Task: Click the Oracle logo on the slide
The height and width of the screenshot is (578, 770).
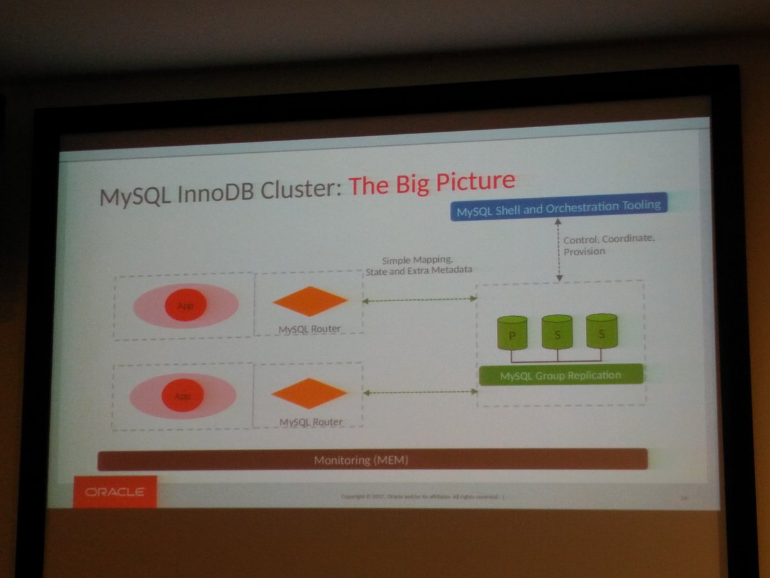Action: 115,493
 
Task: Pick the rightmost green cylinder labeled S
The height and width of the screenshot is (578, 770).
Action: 601,331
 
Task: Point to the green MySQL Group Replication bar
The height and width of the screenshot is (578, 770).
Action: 560,374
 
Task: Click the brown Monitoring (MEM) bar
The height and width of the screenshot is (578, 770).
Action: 372,460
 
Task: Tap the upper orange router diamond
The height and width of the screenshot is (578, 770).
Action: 310,301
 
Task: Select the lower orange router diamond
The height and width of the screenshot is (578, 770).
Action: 309,393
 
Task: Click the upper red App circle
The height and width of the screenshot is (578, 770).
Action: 185,304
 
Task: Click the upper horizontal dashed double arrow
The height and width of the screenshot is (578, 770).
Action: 419,299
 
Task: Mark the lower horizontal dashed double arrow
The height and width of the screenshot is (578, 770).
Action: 420,391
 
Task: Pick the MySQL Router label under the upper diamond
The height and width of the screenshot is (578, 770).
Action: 309,329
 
